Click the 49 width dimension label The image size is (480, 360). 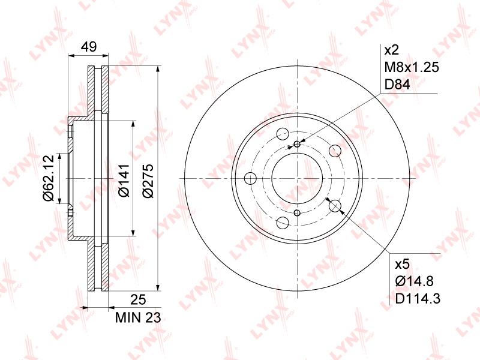tap(88, 47)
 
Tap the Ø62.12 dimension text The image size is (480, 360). tap(49, 178)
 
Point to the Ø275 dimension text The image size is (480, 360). tap(148, 180)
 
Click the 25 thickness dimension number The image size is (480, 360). tap(138, 299)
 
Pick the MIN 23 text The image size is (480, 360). tap(138, 318)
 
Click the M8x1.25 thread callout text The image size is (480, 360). tap(412, 67)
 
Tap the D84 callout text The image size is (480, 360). tap(397, 84)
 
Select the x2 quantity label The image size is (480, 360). tap(391, 50)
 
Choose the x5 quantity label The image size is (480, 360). tap(402, 264)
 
